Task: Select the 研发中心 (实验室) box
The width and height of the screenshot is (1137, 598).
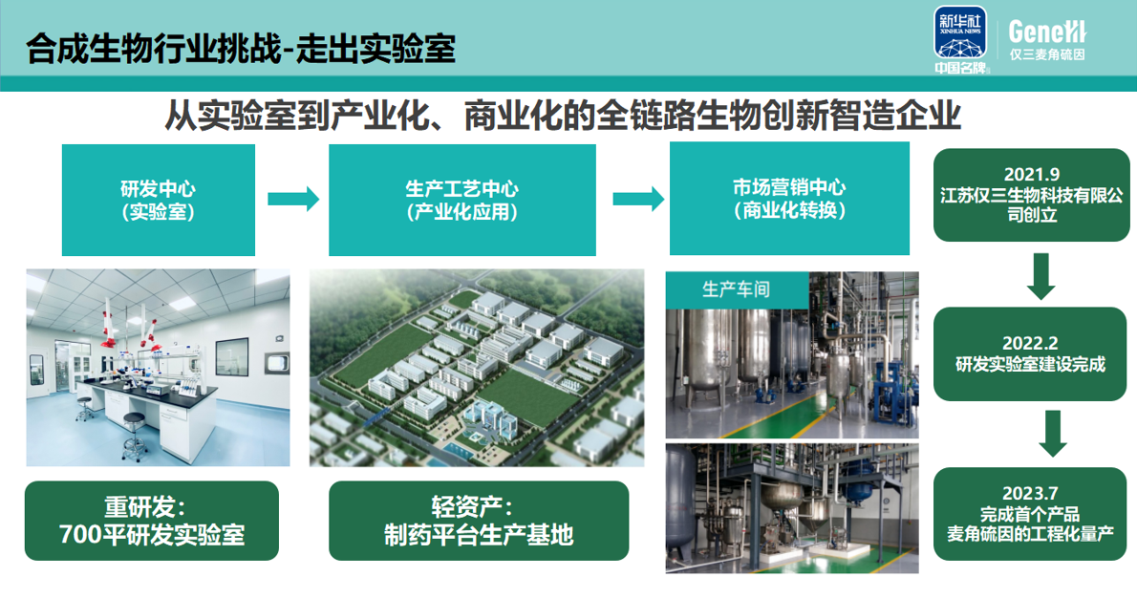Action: coord(159,200)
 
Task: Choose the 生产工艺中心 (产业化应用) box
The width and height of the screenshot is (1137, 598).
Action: coord(462,200)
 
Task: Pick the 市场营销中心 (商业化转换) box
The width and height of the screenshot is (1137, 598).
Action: coord(789,200)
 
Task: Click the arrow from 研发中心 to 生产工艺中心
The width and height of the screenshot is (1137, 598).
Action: coord(292,200)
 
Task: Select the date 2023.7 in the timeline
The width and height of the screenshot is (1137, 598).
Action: coord(1030,494)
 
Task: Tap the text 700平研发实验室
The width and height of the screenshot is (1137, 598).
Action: coord(152,534)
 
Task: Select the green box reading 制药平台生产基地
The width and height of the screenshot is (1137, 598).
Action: coord(479,521)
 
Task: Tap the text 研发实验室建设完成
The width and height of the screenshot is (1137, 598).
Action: coord(1030,364)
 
